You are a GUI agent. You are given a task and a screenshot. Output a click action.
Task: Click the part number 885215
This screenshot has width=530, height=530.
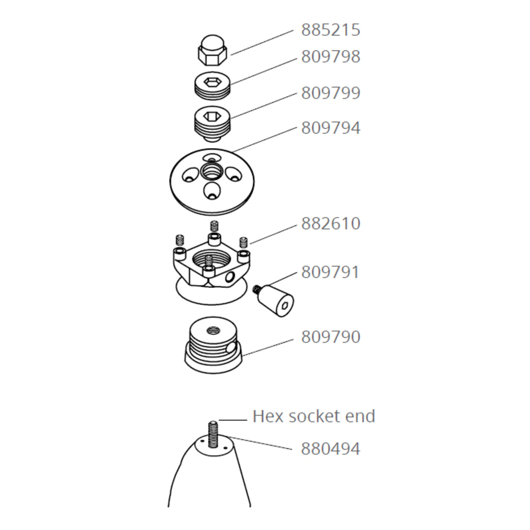[330, 30]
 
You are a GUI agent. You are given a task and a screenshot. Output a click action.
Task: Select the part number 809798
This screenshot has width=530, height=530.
[330, 57]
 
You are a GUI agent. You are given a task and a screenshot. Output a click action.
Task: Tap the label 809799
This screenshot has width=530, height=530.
[330, 93]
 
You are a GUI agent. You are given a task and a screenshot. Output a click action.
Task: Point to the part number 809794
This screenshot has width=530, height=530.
[330, 128]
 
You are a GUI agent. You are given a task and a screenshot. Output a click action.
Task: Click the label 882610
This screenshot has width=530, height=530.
[330, 224]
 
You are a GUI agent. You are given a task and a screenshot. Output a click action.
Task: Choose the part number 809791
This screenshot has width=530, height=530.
[330, 273]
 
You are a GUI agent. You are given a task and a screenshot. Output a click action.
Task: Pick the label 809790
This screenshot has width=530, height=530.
[330, 337]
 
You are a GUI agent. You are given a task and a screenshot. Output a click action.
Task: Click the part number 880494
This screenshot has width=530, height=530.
[330, 449]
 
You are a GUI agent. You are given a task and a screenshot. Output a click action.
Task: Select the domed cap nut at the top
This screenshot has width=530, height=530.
[212, 50]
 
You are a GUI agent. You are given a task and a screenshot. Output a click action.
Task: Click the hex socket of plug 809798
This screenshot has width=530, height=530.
[212, 81]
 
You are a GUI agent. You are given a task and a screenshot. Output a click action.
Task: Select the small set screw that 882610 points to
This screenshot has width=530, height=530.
[243, 242]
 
